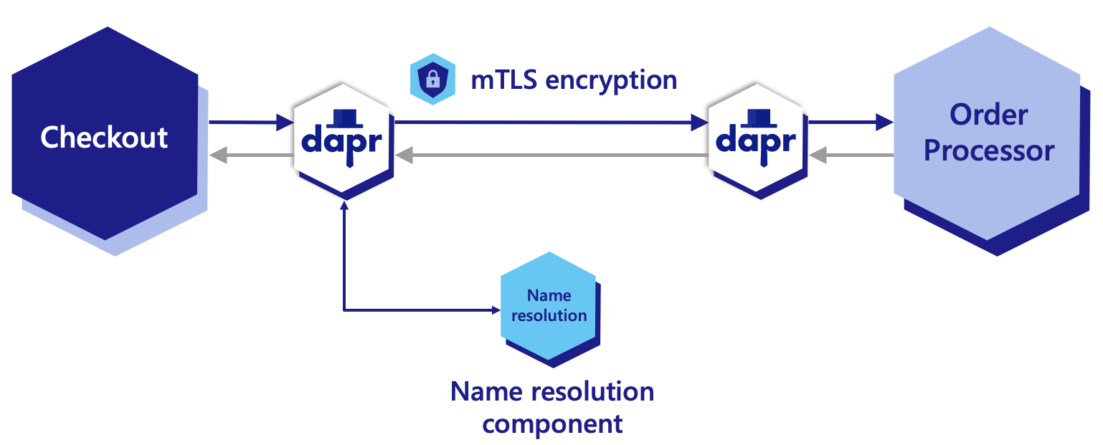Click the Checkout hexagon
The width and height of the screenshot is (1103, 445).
tap(104, 136)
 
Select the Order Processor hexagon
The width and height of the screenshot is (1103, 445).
tap(988, 133)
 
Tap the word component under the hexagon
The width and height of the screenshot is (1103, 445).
tap(552, 423)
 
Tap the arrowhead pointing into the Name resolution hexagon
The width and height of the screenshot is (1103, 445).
tap(494, 310)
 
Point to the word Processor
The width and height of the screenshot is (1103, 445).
tap(988, 151)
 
